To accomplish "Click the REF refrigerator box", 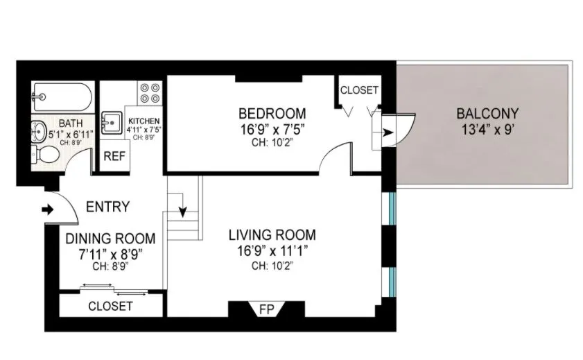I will coord(114,155).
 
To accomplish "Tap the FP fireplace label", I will coord(265,309).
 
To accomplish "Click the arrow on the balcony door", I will coord(388,132).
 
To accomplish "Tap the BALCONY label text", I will coord(487,113).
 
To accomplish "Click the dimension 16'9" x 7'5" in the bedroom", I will coord(272,128).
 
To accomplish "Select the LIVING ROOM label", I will coord(272,234).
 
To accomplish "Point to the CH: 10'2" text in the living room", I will coord(272,265).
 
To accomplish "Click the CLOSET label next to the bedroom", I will coord(359,90).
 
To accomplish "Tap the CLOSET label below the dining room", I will coord(110,306).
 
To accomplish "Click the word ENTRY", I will coord(107,207).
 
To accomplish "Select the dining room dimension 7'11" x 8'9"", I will coord(111,252).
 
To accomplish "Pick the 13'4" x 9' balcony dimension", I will coord(487,129).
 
